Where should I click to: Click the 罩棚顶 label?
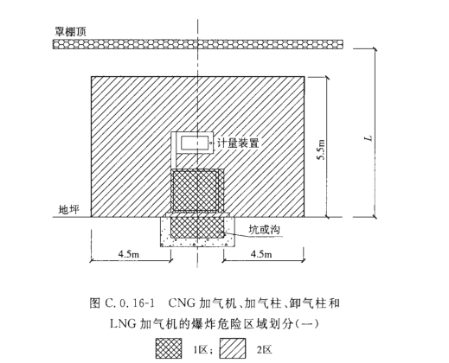pyautogui.click(x=70, y=31)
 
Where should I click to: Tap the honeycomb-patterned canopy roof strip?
pyautogui.click(x=198, y=44)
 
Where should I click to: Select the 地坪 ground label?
pyautogui.click(x=68, y=209)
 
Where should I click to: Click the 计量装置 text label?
pyautogui.click(x=238, y=143)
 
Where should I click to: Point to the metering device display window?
pyautogui.click(x=194, y=143)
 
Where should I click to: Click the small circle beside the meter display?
pyautogui.click(x=211, y=143)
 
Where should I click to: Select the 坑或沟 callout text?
pyautogui.click(x=265, y=230)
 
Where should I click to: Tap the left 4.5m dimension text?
pyautogui.click(x=129, y=253)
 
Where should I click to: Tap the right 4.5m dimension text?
pyautogui.click(x=261, y=253)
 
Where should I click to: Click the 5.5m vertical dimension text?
pyautogui.click(x=321, y=150)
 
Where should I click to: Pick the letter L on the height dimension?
pyautogui.click(x=369, y=138)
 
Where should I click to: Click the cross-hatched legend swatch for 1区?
pyautogui.click(x=169, y=348)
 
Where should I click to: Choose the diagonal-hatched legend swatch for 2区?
pyautogui.click(x=233, y=348)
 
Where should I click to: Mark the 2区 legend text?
pyautogui.click(x=264, y=349)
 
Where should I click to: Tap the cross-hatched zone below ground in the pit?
pyautogui.click(x=197, y=227)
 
